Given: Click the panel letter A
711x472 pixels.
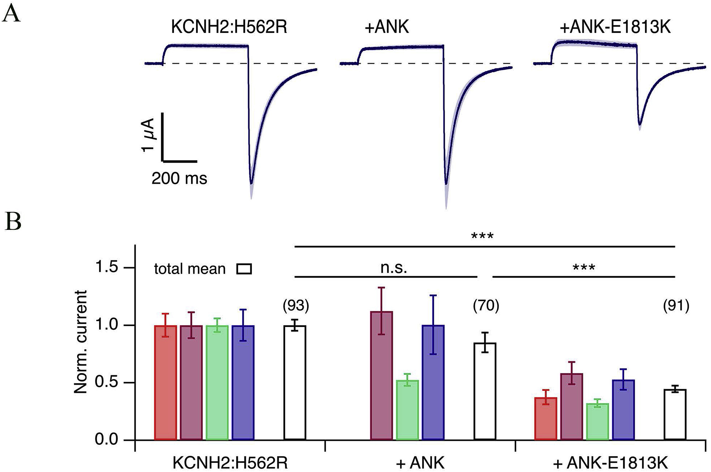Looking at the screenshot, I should (11, 14).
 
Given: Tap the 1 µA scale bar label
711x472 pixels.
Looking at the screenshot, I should (148, 135).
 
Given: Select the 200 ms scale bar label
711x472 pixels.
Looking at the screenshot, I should (179, 179).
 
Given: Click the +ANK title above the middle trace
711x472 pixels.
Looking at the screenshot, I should (387, 27).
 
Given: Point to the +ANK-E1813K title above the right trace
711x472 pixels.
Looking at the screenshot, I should (615, 27).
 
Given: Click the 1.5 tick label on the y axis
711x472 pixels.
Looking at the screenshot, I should (106, 267).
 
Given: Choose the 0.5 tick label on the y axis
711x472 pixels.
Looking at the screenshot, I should (106, 382).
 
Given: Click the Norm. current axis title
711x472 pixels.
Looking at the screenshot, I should (81, 342).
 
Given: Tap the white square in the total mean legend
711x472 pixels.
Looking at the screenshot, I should (244, 269).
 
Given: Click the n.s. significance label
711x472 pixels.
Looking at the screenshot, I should (394, 267).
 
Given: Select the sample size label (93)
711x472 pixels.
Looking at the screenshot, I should (296, 306).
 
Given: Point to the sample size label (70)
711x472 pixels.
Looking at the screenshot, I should (486, 306).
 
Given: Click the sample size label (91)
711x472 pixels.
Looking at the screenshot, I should (676, 306).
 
